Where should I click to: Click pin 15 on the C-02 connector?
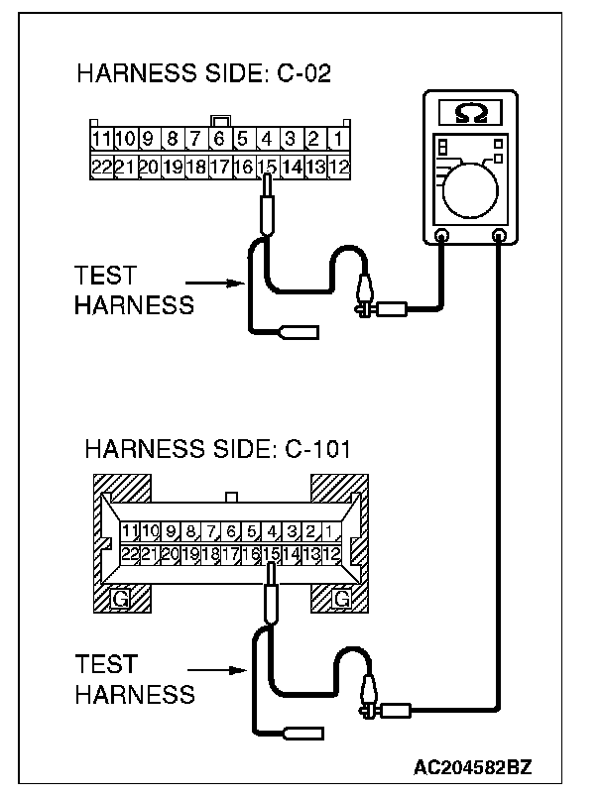click(266, 167)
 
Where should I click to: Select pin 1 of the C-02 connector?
click(338, 139)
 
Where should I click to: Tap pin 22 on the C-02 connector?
click(101, 167)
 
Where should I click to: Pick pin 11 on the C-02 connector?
click(101, 139)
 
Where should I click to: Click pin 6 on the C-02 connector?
click(219, 139)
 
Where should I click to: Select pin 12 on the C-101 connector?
click(332, 554)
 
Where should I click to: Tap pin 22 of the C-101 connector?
click(129, 554)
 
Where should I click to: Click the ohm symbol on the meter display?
click(470, 112)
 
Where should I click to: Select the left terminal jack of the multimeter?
click(442, 236)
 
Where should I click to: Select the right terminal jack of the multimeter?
click(498, 236)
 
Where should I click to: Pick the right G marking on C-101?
click(342, 598)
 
